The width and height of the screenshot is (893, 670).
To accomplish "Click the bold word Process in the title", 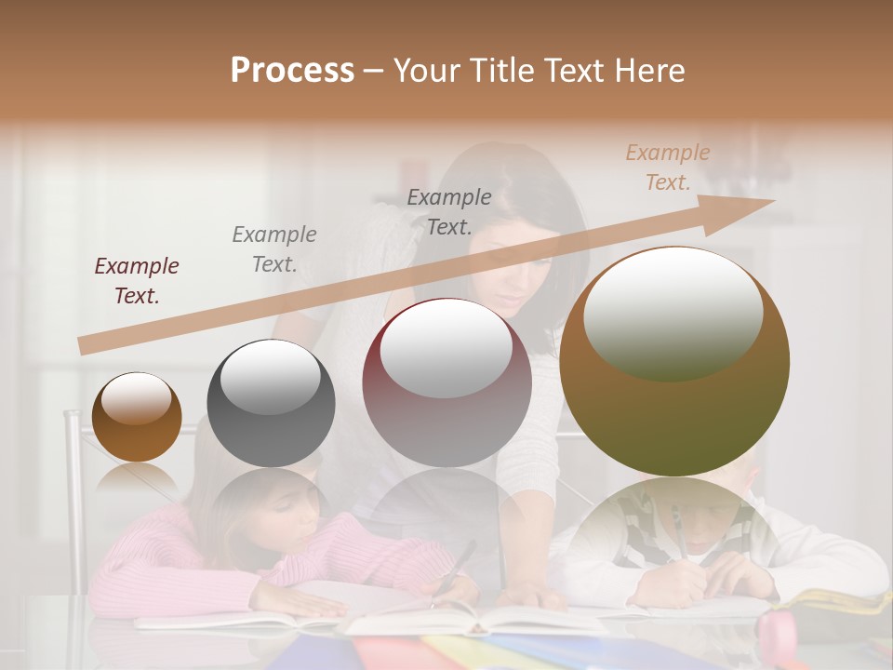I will pyautogui.click(x=292, y=71).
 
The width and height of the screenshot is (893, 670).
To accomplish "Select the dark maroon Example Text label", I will pyautogui.click(x=137, y=281).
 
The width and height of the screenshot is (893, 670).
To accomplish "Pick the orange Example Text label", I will pyautogui.click(x=667, y=167).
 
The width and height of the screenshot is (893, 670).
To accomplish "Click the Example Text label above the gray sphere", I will pyautogui.click(x=273, y=249).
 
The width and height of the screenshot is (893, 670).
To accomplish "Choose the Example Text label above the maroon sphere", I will pyautogui.click(x=449, y=211).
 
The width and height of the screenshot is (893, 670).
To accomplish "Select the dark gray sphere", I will pyautogui.click(x=271, y=404).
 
